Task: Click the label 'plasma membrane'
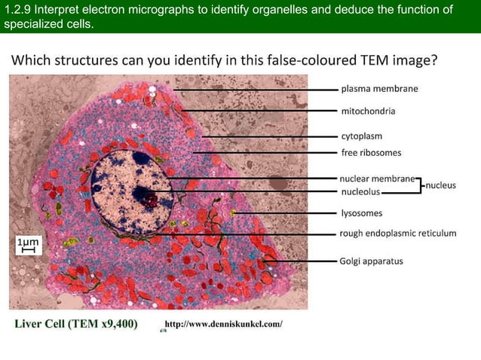[379, 89]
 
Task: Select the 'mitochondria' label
[368, 111]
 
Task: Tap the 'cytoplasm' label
[362, 136]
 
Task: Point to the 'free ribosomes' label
[371, 153]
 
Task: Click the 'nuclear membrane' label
[377, 179]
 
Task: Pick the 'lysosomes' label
[362, 213]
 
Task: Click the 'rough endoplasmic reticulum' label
[398, 233]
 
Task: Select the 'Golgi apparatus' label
[372, 261]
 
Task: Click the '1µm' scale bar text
[27, 241]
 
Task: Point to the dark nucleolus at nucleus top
[140, 158]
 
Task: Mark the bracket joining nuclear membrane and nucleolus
[419, 185]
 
